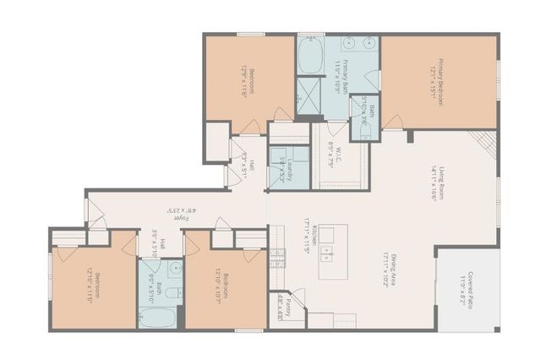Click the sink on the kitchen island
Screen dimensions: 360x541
pyautogui.click(x=326, y=253)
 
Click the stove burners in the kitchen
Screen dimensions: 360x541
pyautogui.click(x=277, y=259)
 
